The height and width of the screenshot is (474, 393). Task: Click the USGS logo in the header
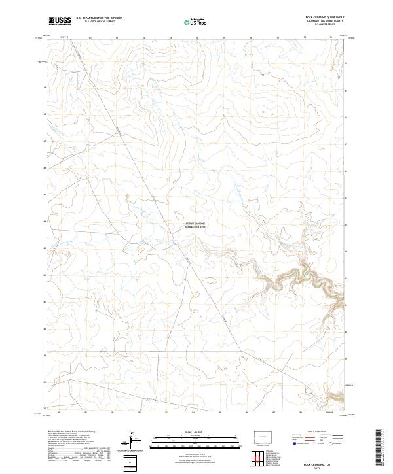(x=60, y=20)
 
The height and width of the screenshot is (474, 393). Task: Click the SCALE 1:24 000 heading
(x=187, y=432)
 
